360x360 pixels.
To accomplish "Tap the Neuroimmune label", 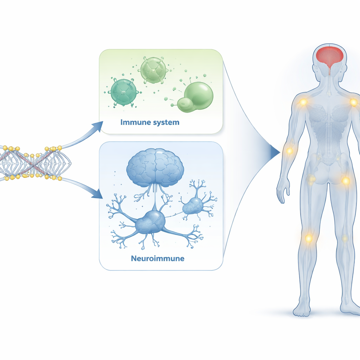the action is point(157,258).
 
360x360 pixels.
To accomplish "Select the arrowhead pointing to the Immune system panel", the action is point(98,127).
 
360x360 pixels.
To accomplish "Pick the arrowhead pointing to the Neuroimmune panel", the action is point(98,194).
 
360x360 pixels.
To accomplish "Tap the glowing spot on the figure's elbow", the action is point(290,151).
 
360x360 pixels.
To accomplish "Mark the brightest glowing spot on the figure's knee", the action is point(309,238).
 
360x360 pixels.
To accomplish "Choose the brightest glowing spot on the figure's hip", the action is point(346,181).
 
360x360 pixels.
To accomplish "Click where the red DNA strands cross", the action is point(34,164).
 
